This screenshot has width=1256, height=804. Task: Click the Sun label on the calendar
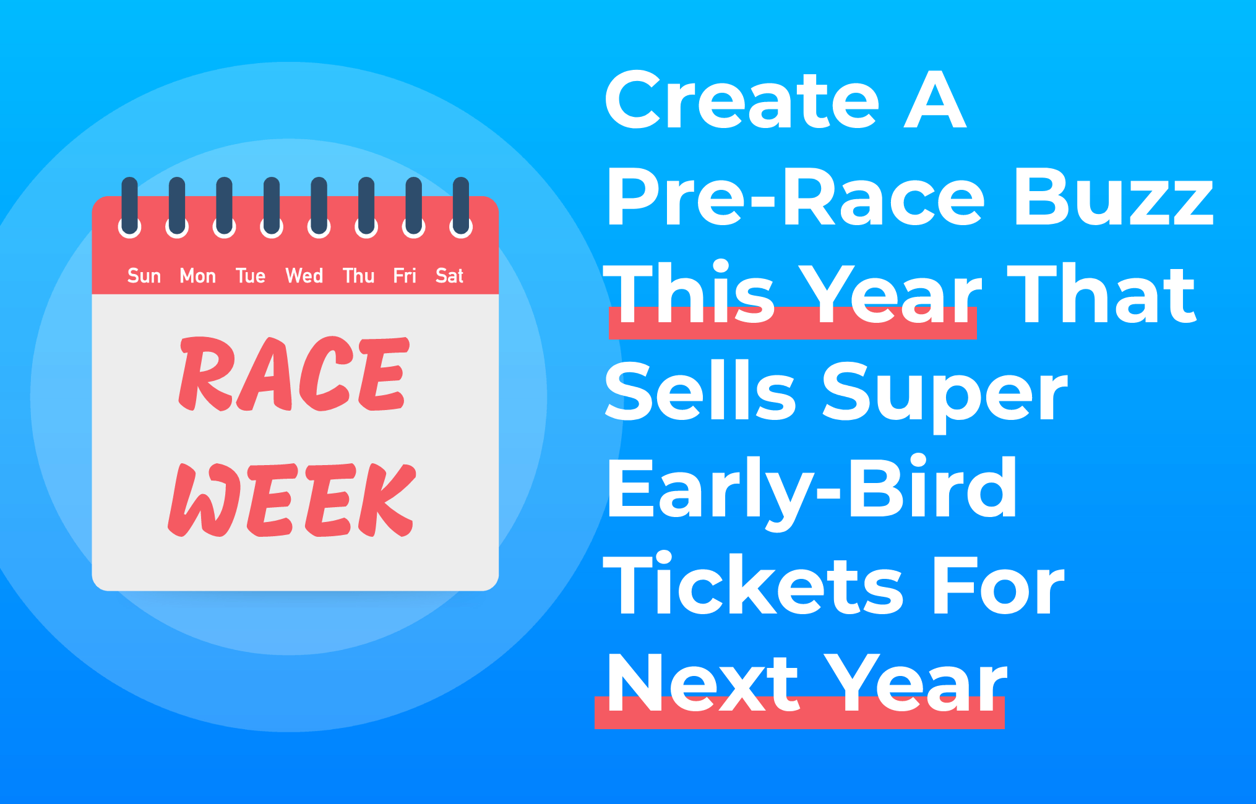click(144, 276)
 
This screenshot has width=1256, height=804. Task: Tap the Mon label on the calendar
click(198, 276)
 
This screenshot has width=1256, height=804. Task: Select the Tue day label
click(251, 276)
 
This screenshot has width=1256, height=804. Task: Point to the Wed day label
click(304, 276)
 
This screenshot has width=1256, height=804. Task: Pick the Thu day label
click(359, 276)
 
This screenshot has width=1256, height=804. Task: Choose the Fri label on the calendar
click(405, 276)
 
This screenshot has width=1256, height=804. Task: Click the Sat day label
click(450, 276)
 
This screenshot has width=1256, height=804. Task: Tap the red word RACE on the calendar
click(294, 374)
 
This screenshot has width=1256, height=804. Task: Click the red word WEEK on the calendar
click(292, 500)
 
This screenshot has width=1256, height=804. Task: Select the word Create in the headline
click(742, 100)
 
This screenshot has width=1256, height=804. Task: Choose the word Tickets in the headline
click(754, 585)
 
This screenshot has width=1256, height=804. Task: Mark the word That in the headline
click(1102, 293)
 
